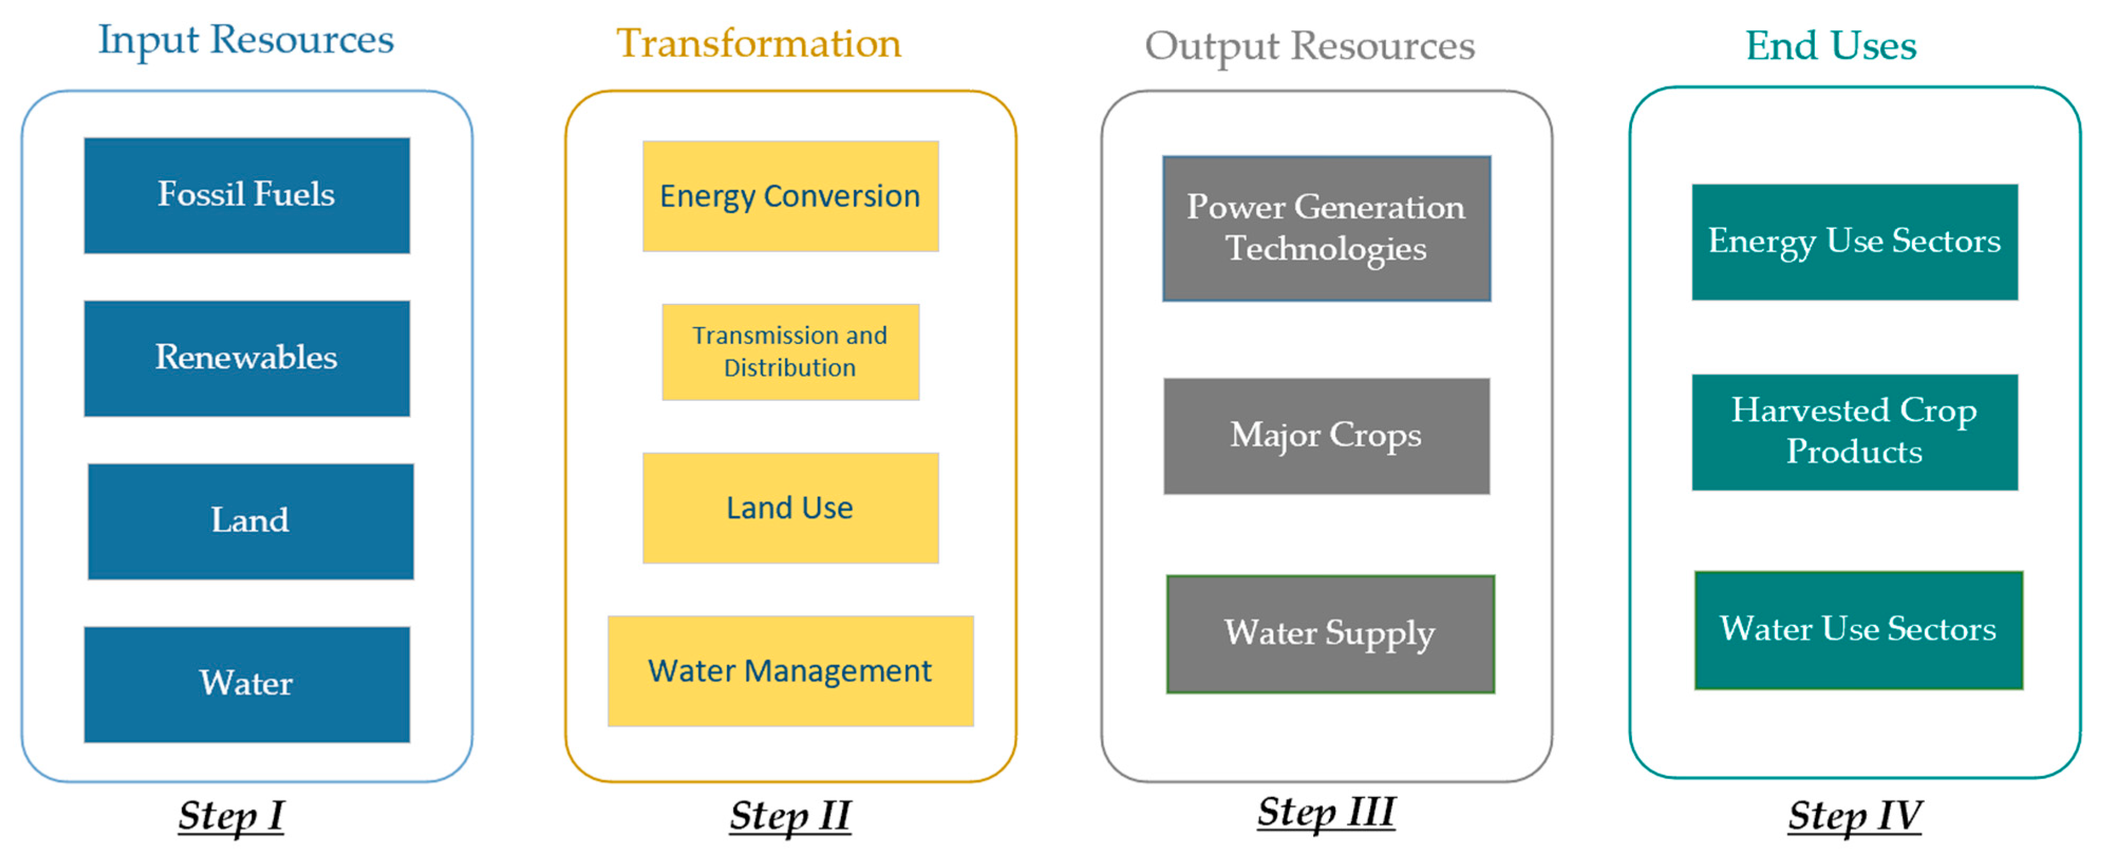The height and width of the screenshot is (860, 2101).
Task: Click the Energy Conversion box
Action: pos(790,196)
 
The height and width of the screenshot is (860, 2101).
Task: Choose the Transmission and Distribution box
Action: pos(790,351)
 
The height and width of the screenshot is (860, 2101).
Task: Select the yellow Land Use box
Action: pos(790,508)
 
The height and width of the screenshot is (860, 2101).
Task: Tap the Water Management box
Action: pos(790,671)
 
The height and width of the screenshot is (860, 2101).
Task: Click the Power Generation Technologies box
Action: pos(1327,228)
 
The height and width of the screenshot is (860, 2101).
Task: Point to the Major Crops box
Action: pos(1327,436)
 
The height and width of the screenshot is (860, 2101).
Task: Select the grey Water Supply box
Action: pos(1330,634)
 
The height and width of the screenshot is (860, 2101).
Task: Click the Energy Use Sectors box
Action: pos(1855,242)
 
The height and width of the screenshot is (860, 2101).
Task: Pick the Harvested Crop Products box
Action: pos(1855,432)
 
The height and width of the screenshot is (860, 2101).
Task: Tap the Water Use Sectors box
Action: pos(1859,630)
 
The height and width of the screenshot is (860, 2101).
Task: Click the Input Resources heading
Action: pos(246,41)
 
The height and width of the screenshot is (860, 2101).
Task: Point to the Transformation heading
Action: pos(759,43)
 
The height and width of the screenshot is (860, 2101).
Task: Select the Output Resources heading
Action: pos(1310,46)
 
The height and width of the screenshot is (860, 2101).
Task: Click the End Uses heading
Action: pos(1831,46)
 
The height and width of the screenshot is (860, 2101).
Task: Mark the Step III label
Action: pos(1326,813)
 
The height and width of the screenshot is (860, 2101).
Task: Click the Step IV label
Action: pos(1855,816)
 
